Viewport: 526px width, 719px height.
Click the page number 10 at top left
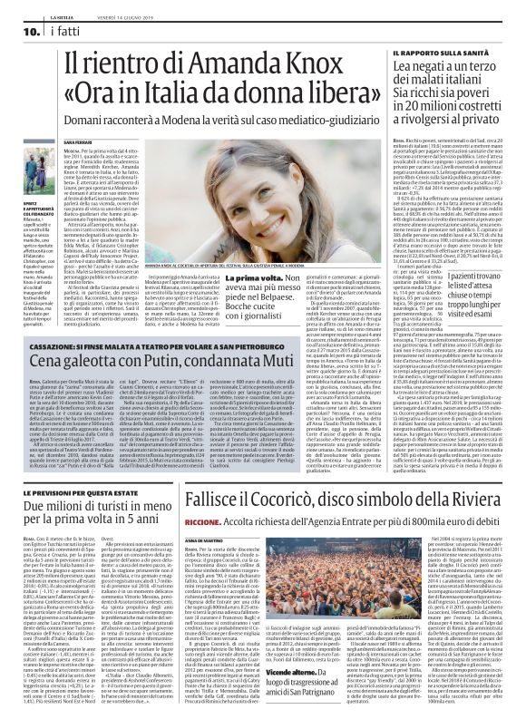19,33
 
